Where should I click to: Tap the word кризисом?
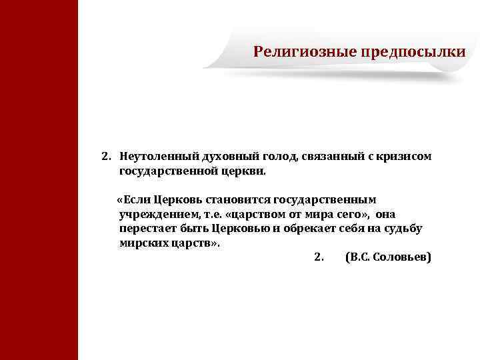tap(403, 157)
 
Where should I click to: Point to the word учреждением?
tap(152, 214)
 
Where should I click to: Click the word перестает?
tap(147, 229)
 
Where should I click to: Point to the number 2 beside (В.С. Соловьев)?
tap(317, 257)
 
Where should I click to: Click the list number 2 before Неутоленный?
tap(105, 157)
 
